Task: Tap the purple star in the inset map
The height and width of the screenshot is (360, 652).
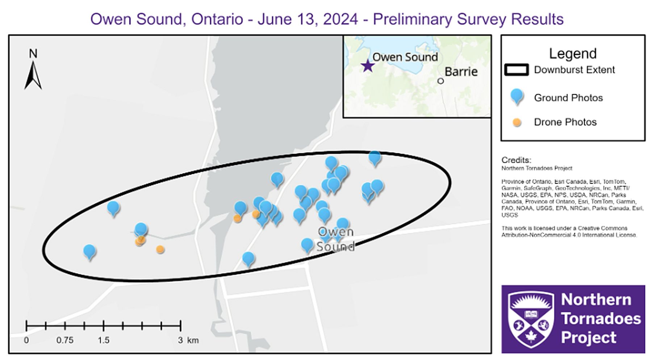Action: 368,66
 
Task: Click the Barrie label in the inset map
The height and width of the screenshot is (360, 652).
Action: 461,72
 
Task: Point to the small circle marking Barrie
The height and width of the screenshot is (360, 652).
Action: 440,81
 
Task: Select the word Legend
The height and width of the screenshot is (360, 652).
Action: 572,54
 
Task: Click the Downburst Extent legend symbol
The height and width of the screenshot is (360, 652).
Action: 516,70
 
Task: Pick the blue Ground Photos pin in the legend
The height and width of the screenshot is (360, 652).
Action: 517,96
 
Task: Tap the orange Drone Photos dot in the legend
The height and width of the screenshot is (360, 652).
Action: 517,122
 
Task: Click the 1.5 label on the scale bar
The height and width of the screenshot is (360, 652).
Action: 103,340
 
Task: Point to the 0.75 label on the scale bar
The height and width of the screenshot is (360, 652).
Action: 65,340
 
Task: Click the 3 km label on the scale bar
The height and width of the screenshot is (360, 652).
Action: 188,340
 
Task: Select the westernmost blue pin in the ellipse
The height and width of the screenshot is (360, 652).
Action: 89,251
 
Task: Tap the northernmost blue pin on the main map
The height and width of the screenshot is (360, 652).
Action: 375,157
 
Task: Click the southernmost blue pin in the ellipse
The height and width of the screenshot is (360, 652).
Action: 248,258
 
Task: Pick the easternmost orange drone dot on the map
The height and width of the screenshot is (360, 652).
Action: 256,214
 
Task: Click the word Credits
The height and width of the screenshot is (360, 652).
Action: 516,160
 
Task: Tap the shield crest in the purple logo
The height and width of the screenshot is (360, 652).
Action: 531,319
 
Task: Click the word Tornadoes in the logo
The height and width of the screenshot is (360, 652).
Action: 601,319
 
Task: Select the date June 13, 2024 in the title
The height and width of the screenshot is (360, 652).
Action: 308,19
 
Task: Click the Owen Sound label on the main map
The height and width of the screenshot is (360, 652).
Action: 335,239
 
